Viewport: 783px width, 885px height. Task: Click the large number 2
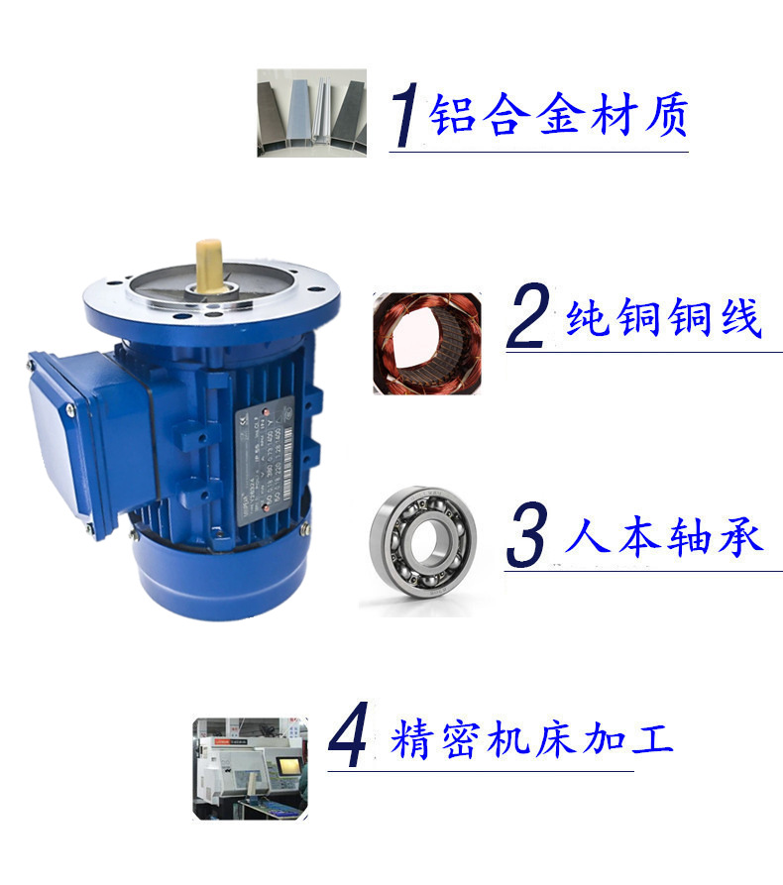point(527,318)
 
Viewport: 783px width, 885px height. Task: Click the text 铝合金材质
point(558,116)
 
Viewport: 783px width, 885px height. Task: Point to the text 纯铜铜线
point(663,319)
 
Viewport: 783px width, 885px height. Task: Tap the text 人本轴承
point(663,538)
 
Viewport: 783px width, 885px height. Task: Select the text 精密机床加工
point(532,740)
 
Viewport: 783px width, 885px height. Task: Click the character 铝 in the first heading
point(449,116)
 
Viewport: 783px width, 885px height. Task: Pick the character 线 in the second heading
point(738,319)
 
